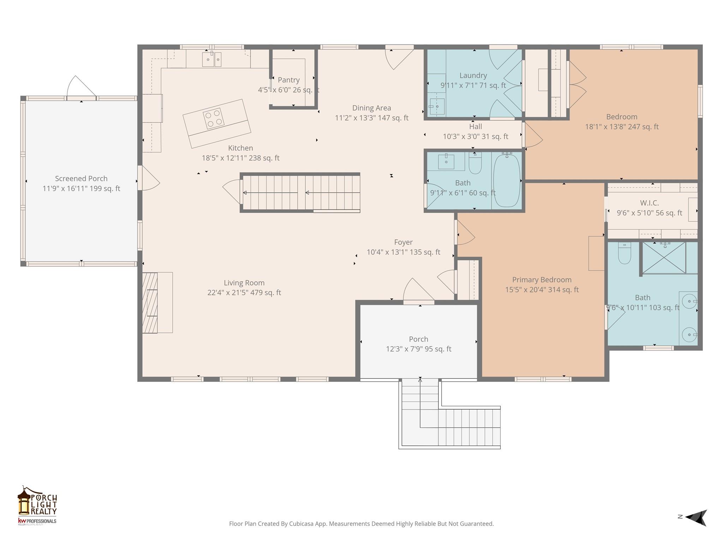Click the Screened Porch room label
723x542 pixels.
tap(81, 179)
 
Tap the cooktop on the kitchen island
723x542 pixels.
tap(214, 118)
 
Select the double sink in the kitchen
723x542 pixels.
tap(212, 59)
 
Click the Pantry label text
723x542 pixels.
tap(288, 80)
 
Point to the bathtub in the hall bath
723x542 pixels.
tap(506, 180)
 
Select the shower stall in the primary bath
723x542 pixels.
tap(664, 258)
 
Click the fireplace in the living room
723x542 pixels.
tap(150, 302)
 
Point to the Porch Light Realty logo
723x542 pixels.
tap(37, 505)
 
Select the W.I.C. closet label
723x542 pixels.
tap(649, 203)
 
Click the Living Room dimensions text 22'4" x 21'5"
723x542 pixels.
tap(244, 293)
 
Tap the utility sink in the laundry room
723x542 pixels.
tap(437, 105)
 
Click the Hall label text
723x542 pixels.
tap(475, 127)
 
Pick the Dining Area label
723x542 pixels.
tap(371, 108)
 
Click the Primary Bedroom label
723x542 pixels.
tap(542, 280)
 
